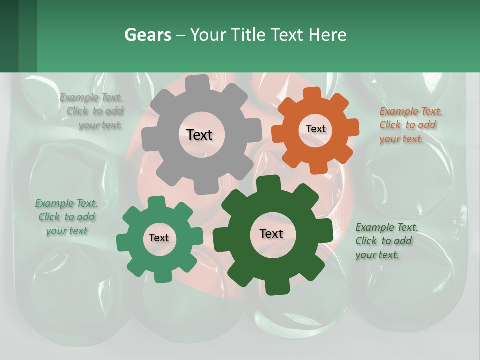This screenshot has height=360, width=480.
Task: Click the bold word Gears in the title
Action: (x=147, y=35)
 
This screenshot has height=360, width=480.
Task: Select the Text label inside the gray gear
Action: (x=199, y=135)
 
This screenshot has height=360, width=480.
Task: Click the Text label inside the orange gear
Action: (x=315, y=129)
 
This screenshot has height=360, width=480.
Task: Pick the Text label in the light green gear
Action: (x=159, y=238)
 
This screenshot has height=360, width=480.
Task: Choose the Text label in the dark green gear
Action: (x=271, y=233)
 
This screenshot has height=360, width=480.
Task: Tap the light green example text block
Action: (x=66, y=217)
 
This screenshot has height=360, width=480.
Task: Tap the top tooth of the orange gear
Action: (x=313, y=93)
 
